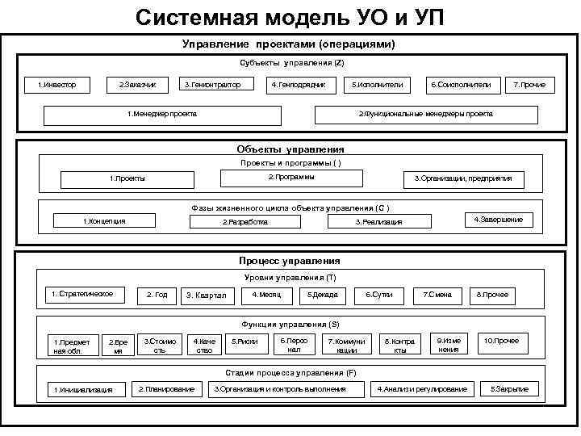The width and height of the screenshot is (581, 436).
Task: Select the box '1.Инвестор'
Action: click(57, 85)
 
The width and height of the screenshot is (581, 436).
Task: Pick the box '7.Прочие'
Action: click(529, 85)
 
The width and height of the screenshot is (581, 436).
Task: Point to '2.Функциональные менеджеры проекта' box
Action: click(425, 114)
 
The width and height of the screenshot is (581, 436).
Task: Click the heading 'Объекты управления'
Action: click(290, 149)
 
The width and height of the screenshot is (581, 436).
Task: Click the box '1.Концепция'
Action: click(105, 221)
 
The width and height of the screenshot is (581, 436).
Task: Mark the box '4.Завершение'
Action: click(498, 220)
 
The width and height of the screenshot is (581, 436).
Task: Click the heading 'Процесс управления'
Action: click(290, 261)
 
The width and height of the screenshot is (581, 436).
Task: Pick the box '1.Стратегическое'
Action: click(87, 294)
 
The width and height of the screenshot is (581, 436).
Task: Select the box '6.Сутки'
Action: click(379, 295)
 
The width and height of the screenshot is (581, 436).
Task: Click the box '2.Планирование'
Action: click(166, 389)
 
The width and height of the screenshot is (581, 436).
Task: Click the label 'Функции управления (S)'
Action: click(290, 324)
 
